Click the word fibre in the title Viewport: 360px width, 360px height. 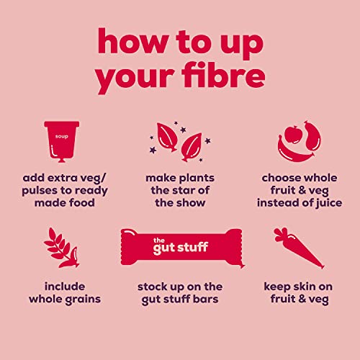point(223,75)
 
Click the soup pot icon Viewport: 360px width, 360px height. point(62,142)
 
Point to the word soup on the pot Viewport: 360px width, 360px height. point(62,137)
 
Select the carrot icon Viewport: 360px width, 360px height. point(299,248)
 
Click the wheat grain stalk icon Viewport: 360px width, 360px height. point(61,248)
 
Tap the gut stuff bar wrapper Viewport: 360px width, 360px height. point(182,247)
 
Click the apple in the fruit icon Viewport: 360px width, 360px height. point(292,135)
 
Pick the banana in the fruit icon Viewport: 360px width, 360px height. point(294,152)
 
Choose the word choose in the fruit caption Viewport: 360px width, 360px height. point(279,178)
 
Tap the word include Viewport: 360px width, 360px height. point(65,287)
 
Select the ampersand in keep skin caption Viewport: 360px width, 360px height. point(302,299)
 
